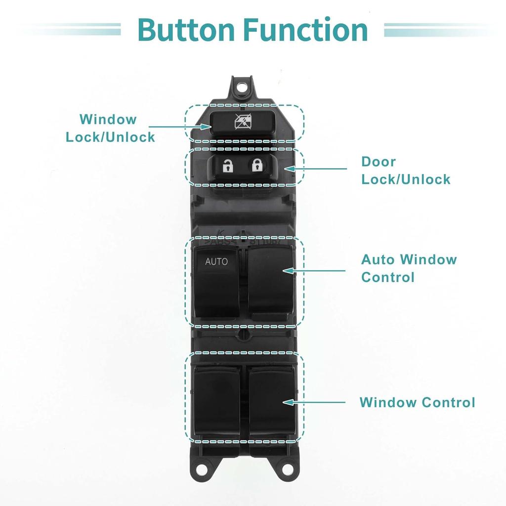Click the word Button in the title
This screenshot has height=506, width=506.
coord(186,30)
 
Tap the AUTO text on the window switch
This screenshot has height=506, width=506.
coord(216,261)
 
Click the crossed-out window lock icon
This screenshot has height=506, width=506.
coord(243,122)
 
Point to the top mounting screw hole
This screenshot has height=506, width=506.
coord(241,87)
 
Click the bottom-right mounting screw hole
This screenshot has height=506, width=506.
coord(288,469)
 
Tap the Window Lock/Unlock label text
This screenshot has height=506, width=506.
coord(110,128)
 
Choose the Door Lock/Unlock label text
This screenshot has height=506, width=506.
coord(406,170)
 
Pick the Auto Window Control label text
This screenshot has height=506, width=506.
coord(409,268)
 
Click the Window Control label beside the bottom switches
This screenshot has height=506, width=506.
coord(417,402)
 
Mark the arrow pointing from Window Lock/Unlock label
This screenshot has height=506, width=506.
coord(180,126)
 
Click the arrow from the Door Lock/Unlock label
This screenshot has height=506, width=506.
coord(315,169)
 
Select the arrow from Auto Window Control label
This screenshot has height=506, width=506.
coord(314,270)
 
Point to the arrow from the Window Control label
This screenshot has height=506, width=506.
coord(314,402)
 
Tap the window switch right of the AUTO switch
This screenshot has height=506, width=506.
coord(270,282)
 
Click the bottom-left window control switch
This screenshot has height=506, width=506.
coord(217,403)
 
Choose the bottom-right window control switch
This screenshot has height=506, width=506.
coord(273,403)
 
